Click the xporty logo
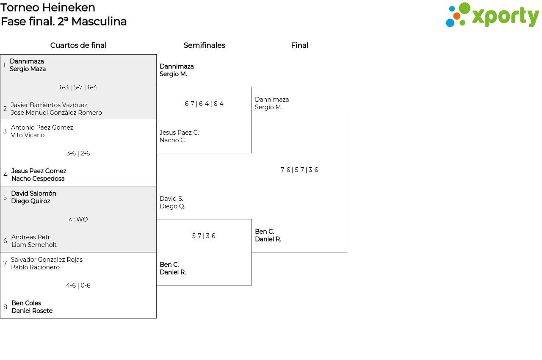coord(492,15)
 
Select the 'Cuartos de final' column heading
coord(78,45)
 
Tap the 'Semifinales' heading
coord(204,45)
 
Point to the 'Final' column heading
coord(299,45)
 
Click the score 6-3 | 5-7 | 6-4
coord(78,87)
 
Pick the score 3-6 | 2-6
coord(78,153)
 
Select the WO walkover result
coord(78,219)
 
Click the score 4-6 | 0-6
coord(78,285)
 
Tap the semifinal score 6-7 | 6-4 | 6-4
coord(204,104)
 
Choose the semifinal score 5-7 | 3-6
coord(204,236)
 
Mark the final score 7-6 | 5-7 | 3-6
coord(299,170)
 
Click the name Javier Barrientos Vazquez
coord(49,105)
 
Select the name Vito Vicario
coord(28,135)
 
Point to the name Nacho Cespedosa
coord(38,179)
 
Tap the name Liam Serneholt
coord(34,245)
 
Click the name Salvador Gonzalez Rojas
coord(47,260)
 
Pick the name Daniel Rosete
coord(32,310)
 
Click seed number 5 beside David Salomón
coord(5,197)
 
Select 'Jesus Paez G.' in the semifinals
coord(179,133)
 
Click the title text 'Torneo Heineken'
coord(48,8)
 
